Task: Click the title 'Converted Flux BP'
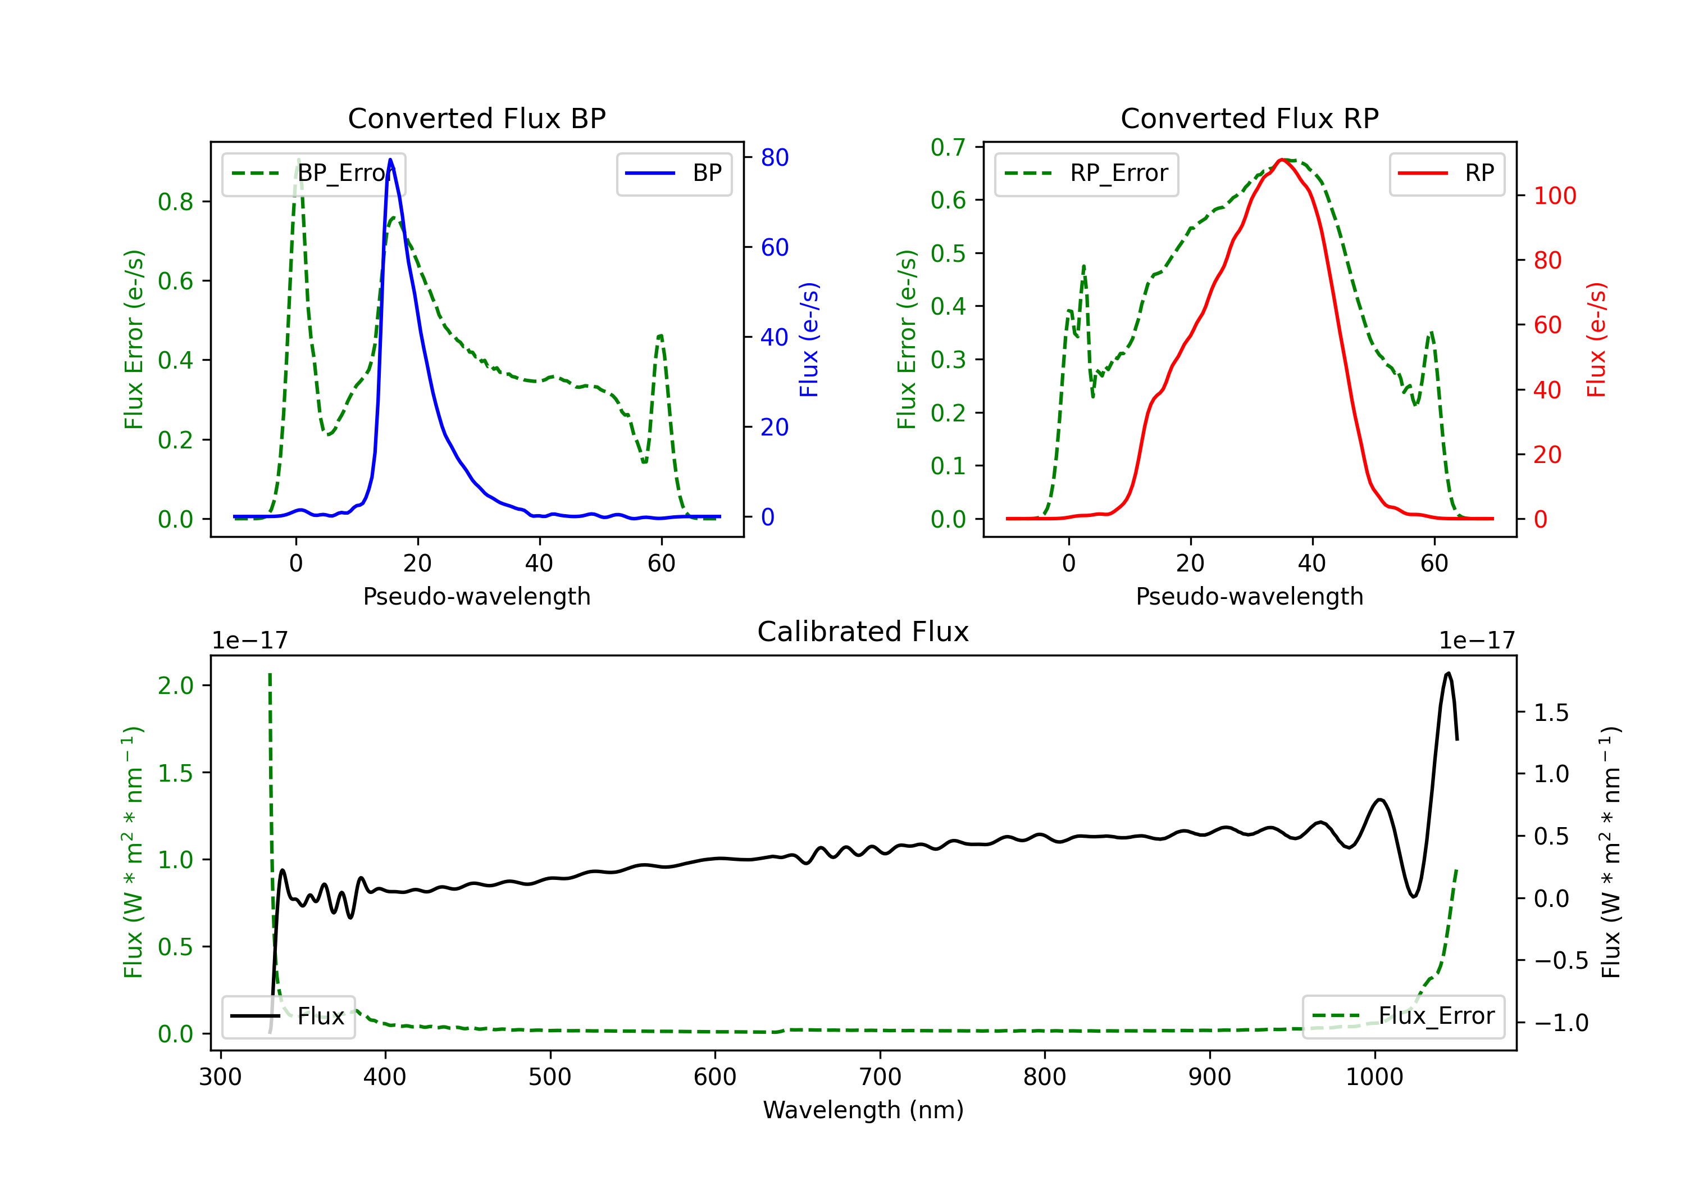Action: [476, 118]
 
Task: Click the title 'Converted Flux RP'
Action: [1249, 118]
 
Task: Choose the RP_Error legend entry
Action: [1086, 173]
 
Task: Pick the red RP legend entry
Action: [1446, 173]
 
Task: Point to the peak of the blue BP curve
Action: [390, 160]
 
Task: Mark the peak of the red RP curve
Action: [1281, 160]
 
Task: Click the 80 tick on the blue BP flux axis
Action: [774, 157]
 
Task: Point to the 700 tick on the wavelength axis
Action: [880, 1077]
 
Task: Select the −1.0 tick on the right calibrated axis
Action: [1561, 1023]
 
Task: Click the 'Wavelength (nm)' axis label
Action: [863, 1110]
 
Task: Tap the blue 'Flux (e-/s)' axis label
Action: [809, 339]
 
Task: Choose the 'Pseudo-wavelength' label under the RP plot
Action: [1249, 596]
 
